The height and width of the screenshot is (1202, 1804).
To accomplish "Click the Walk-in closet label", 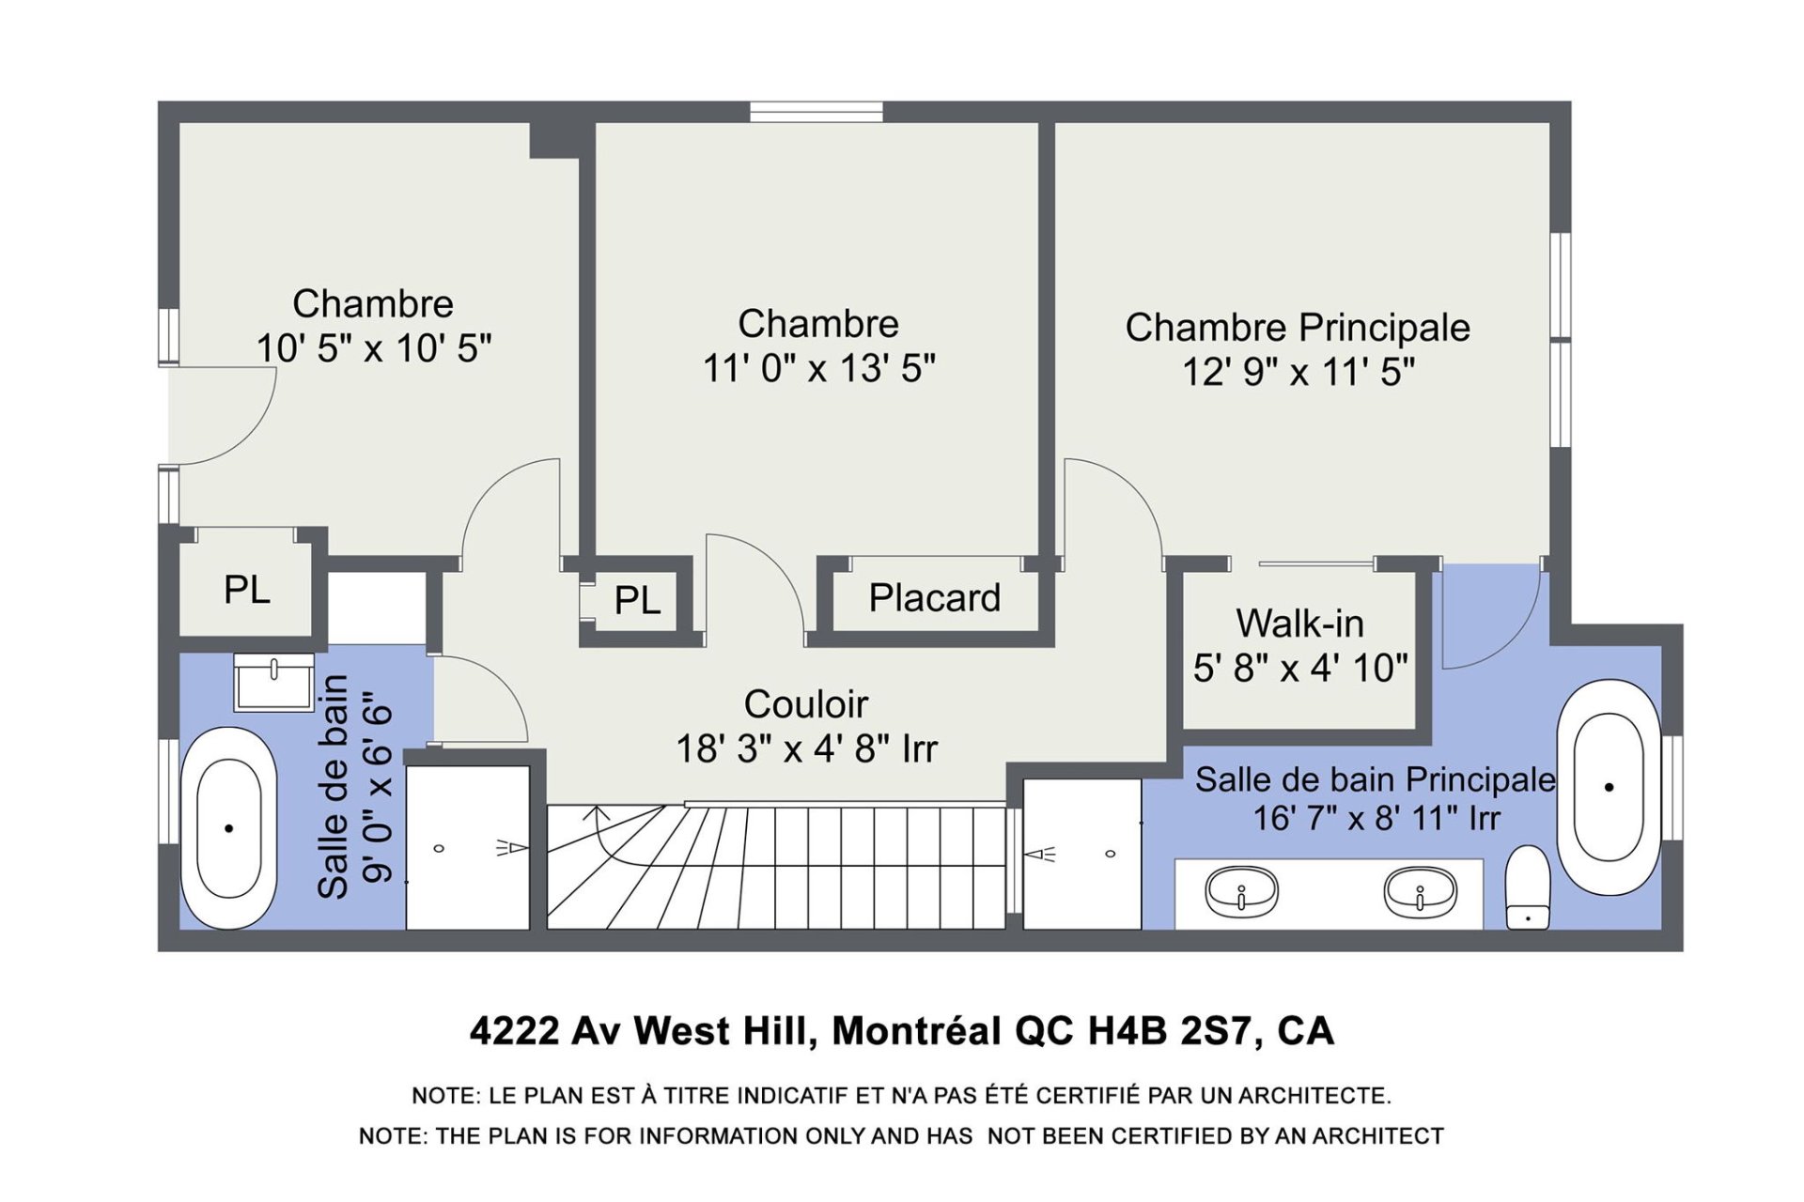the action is [1299, 624].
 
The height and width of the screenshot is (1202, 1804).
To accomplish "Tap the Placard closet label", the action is [934, 598].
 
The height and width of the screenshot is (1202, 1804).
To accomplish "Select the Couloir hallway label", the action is [806, 704].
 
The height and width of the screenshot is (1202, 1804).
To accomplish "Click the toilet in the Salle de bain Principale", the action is [1528, 887].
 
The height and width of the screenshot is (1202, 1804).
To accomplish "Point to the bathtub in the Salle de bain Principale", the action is [1609, 787].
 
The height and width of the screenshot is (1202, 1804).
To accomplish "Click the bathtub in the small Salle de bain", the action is [228, 828].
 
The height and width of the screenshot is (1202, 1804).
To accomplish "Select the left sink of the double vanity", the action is [1241, 890].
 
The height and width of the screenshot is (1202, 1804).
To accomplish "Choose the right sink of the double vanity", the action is [1420, 890].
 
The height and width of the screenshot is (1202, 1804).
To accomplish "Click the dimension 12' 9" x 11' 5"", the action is [1299, 373].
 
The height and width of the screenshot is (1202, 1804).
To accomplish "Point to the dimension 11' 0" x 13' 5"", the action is [819, 368].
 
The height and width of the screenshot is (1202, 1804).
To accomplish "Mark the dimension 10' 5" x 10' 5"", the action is [374, 348].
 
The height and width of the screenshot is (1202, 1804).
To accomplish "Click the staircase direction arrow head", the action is [596, 812].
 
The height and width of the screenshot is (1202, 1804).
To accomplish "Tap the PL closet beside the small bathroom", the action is [246, 590].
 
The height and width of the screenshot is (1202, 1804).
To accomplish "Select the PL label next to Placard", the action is [637, 600].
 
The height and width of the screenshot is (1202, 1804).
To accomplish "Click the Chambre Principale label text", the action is [1298, 328].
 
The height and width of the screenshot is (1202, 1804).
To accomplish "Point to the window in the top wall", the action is [816, 112].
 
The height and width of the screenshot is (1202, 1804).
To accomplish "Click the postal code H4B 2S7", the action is [1170, 1031].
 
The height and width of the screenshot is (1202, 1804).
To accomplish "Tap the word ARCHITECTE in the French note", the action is [1314, 1096].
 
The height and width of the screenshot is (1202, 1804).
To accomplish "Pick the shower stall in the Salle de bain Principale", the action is [1082, 854].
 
